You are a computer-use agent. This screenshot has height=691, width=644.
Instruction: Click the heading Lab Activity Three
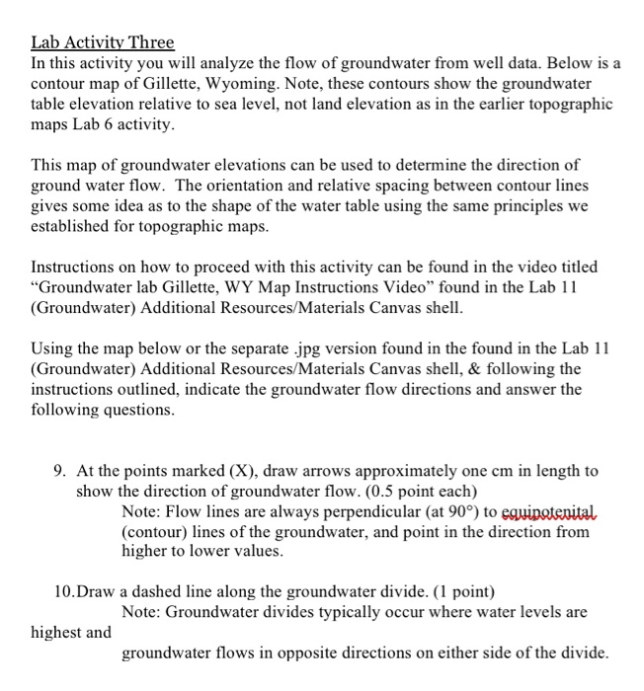(x=103, y=42)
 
